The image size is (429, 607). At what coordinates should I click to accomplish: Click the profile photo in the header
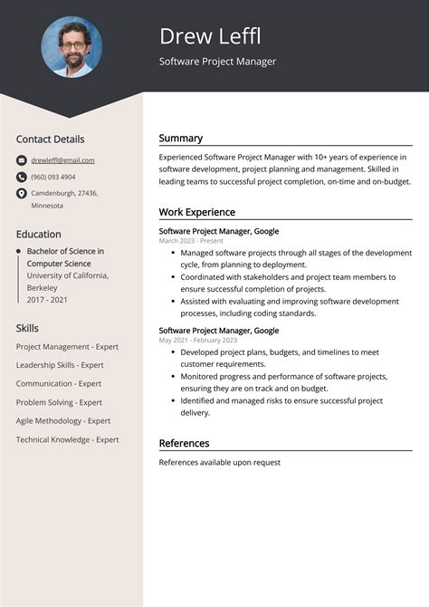click(71, 46)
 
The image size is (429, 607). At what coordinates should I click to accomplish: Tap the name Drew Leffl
click(210, 36)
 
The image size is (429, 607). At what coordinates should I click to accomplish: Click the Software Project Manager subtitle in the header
click(217, 62)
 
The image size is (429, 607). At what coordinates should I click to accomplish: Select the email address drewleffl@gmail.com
click(62, 160)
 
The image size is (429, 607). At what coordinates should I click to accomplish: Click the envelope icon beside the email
click(21, 160)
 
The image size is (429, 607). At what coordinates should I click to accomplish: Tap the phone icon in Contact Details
click(21, 177)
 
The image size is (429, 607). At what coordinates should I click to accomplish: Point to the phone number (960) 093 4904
click(53, 177)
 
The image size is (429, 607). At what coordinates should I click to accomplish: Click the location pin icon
click(21, 194)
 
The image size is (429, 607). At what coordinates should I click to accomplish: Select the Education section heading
click(38, 234)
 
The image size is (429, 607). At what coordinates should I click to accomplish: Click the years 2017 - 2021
click(48, 298)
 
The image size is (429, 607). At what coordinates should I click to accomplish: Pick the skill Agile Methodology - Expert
click(63, 420)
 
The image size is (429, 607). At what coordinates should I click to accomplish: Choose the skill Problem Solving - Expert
click(59, 402)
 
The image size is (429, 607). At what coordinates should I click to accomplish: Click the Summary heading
click(180, 139)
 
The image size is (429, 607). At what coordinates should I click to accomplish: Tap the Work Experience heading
click(196, 212)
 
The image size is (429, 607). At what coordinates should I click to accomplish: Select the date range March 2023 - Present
click(190, 241)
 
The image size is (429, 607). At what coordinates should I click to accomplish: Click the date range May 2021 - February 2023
click(197, 340)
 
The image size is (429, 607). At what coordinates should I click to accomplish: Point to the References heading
click(184, 443)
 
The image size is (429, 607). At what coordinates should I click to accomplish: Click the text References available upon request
click(219, 462)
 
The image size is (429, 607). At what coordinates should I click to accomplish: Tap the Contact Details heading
click(50, 140)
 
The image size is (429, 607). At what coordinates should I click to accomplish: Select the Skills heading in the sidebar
click(28, 328)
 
